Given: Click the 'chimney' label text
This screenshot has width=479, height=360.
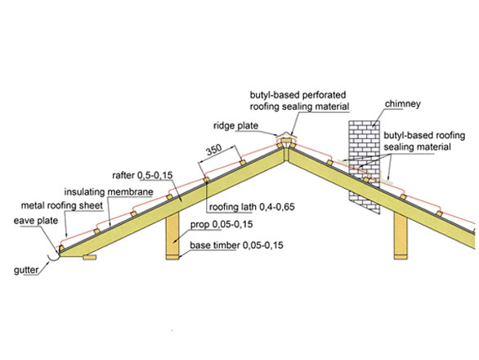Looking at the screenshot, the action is (402, 104).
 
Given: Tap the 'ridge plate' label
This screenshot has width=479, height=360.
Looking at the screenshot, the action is (235, 125).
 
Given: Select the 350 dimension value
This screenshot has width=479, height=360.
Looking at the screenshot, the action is (214, 150).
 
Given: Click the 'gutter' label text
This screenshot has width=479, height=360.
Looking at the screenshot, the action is (26, 270).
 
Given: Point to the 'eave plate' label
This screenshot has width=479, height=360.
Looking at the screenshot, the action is (36, 220).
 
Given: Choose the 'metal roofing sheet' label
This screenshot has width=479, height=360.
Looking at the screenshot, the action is (61, 205).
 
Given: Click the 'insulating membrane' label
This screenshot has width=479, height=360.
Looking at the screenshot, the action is (109, 191).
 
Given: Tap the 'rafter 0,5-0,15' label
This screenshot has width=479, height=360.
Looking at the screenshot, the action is (142, 175).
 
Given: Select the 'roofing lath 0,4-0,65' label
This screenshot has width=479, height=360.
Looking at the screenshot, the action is (252, 207).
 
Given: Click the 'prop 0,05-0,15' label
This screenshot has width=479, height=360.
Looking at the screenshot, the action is (222, 224).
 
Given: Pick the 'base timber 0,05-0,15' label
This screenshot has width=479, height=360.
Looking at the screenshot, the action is (236, 245).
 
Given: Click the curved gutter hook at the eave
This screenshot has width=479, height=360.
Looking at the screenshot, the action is (53, 258).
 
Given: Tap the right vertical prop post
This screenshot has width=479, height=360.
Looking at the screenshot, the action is (401, 234).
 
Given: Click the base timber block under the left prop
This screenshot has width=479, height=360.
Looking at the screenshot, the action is (172, 257).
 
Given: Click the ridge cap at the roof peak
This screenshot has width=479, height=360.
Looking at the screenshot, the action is (286, 137).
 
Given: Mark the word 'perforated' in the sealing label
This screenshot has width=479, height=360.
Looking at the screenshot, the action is (323, 95).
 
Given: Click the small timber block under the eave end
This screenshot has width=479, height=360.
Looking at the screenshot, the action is (90, 257).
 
